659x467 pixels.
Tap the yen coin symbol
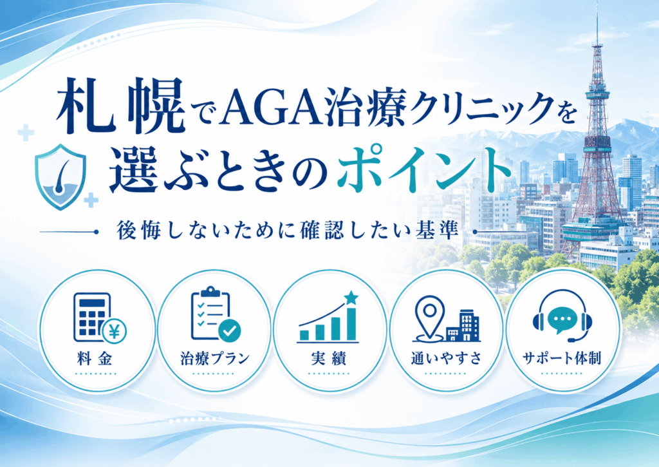(x=114, y=330)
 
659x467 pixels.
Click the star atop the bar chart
(x=351, y=298)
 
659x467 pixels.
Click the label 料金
(x=95, y=358)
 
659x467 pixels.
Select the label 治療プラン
(x=215, y=358)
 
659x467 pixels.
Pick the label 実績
(x=329, y=358)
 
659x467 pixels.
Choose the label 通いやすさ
(x=447, y=358)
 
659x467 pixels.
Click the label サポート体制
(x=562, y=358)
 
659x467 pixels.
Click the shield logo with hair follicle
(x=60, y=176)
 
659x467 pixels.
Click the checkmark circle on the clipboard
(x=230, y=330)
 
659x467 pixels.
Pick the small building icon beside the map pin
(x=462, y=327)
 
